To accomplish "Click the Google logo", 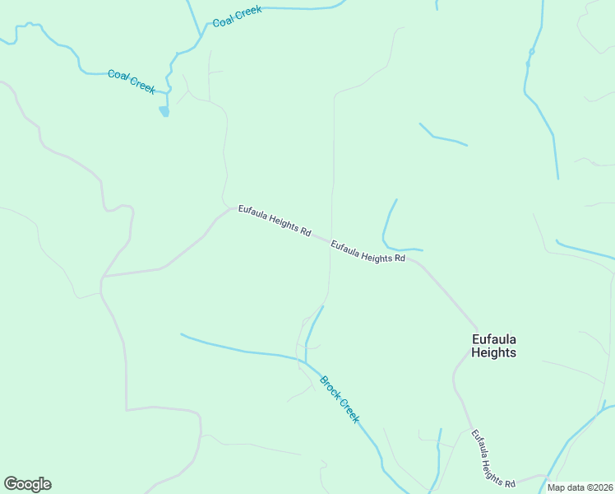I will coord(27,484).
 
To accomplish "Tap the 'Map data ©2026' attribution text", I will coord(580,487).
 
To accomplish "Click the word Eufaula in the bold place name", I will coord(493,338).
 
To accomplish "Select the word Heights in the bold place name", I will coord(493,352).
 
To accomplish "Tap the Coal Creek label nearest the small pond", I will coord(132,82).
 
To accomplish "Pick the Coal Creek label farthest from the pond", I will coord(237,16).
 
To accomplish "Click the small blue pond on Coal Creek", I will coord(164,111).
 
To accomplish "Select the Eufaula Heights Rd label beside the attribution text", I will coord(492,458).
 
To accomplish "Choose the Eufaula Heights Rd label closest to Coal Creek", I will coord(274,221).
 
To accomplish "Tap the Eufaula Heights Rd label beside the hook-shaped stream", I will coord(368,252).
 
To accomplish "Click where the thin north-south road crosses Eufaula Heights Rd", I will coord(331,245).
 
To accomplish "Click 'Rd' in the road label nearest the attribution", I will coord(510,483).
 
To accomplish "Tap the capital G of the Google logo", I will coord(11,484).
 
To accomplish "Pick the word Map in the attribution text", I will coord(557,487).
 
